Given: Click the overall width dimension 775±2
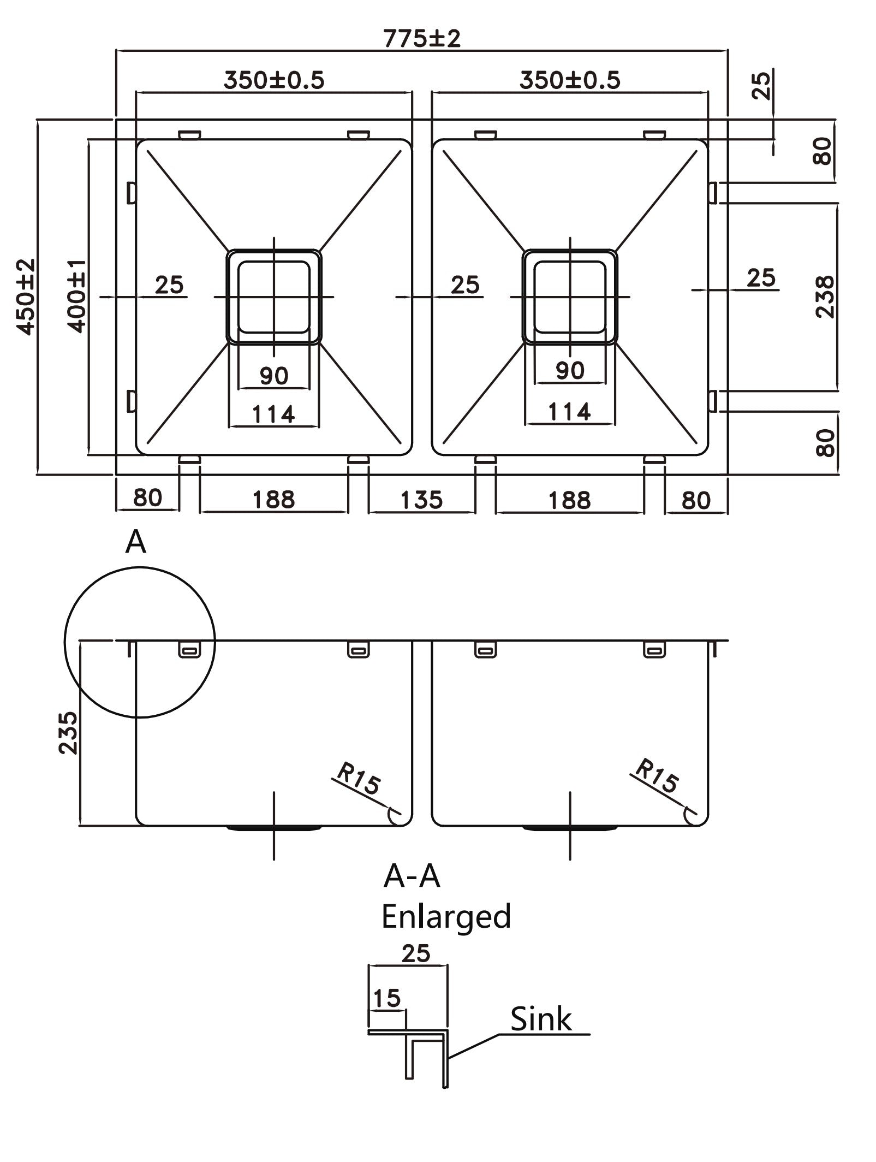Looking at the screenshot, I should [x=422, y=39].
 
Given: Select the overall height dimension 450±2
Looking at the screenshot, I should [x=25, y=297].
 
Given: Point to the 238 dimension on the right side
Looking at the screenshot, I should [x=825, y=297].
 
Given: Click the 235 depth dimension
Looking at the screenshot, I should [x=69, y=733].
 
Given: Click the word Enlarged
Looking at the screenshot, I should [x=446, y=917].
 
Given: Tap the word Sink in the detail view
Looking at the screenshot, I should [x=540, y=1019].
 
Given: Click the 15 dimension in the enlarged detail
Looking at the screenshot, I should [x=387, y=998].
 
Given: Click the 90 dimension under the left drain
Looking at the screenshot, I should [x=273, y=376].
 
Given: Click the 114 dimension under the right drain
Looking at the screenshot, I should [x=569, y=412].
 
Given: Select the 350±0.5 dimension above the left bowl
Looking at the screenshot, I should [x=274, y=81].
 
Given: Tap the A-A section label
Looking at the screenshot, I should [x=412, y=876].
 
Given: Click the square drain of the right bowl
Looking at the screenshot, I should [x=570, y=297].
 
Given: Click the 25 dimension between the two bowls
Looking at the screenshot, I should [x=465, y=284].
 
